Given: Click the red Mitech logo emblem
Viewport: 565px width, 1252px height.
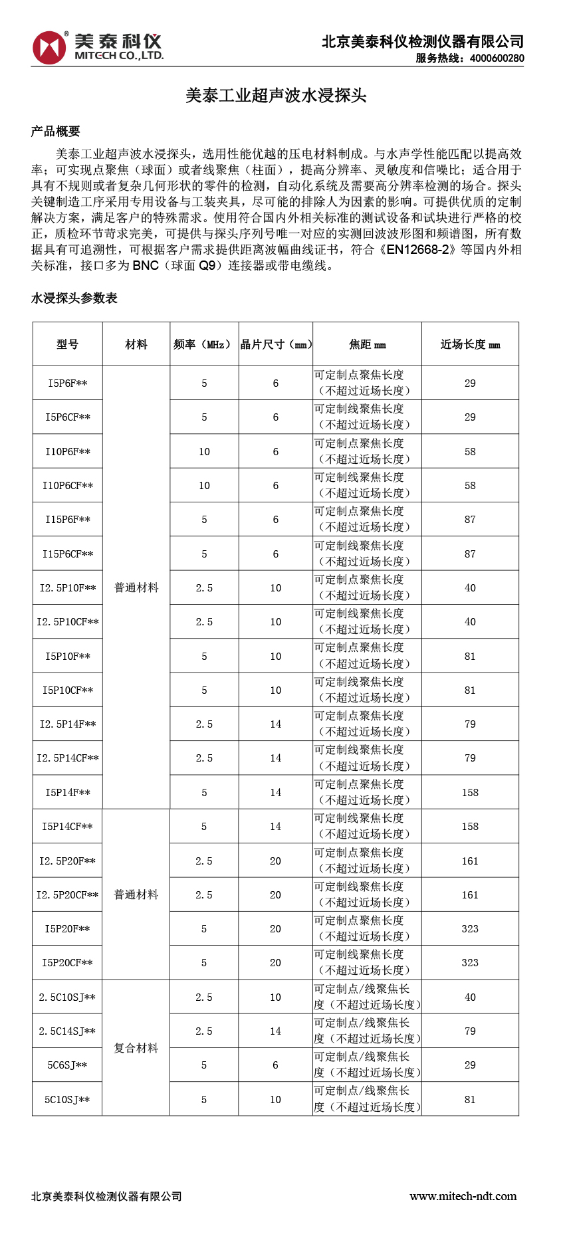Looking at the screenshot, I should (50, 47).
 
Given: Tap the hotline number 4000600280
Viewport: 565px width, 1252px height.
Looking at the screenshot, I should (497, 58).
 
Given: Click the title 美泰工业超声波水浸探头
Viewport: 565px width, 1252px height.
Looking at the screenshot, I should (276, 96).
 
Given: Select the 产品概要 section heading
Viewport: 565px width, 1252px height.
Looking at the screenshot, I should (55, 132).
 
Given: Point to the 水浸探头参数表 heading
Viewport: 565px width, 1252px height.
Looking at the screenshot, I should (74, 298).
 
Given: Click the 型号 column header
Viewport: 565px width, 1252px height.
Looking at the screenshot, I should (67, 344).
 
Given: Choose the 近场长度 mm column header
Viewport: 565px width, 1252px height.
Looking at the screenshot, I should (470, 344).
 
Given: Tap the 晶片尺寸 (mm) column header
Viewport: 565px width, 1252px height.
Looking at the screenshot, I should (276, 344).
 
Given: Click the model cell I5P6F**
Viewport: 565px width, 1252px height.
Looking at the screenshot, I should (67, 383).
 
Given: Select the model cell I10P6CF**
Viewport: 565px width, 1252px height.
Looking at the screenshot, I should (67, 486).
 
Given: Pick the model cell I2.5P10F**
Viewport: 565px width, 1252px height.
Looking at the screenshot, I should (67, 588).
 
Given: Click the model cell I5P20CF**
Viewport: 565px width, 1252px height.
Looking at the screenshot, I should (67, 963).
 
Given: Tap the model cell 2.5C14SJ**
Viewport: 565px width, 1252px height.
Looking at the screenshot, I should (67, 1031).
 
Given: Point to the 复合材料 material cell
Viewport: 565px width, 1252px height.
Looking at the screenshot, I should (136, 1048).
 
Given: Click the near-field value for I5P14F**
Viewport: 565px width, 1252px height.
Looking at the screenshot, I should (470, 793).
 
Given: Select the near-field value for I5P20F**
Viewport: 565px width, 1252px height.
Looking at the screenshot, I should (470, 929).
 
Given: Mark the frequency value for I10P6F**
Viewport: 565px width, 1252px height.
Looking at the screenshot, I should (204, 452).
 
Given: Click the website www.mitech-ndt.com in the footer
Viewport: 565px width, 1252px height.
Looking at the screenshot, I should (463, 1196).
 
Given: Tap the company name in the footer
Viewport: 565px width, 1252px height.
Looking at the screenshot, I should (106, 1196).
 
